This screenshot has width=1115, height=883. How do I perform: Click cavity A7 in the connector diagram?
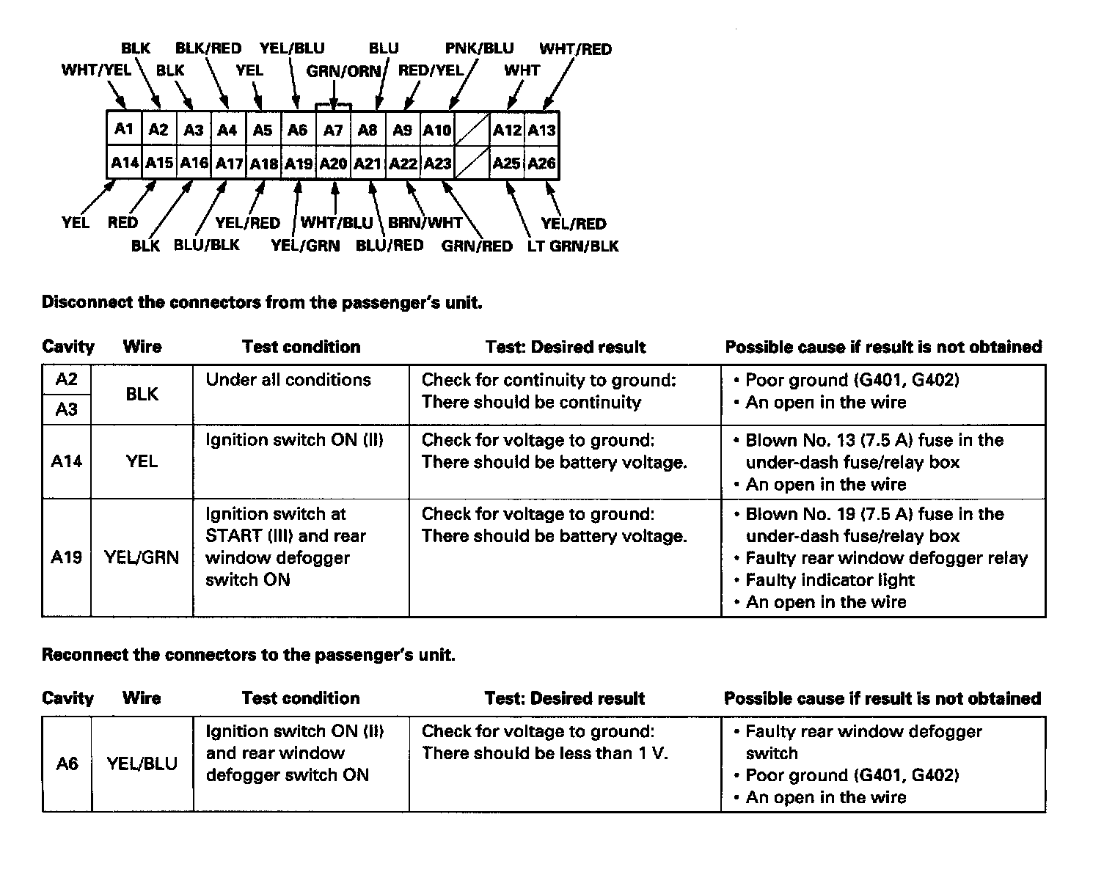[333, 130]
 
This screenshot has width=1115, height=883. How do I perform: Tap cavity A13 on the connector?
[542, 130]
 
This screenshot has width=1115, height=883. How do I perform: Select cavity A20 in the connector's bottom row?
[333, 163]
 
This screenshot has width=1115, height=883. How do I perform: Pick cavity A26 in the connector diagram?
[542, 163]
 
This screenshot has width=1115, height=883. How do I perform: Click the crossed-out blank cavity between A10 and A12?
[472, 130]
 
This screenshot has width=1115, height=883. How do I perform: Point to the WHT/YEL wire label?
[96, 70]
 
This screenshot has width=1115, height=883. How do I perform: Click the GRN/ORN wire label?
[344, 71]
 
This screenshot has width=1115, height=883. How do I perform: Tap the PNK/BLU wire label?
[479, 48]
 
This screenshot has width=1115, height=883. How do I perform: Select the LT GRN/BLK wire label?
[573, 246]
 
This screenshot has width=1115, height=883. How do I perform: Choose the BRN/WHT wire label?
[425, 222]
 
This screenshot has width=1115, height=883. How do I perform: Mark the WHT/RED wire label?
[575, 49]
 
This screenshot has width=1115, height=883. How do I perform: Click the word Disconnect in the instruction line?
[87, 302]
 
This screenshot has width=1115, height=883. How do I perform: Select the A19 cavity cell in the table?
[66, 557]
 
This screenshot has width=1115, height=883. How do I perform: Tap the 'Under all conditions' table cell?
[288, 380]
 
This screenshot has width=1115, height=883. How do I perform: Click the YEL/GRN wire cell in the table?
[142, 557]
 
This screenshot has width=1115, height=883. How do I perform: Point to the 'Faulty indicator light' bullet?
[830, 580]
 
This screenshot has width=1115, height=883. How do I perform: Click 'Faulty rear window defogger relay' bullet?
[886, 558]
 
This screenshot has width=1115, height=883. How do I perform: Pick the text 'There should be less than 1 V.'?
[544, 753]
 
